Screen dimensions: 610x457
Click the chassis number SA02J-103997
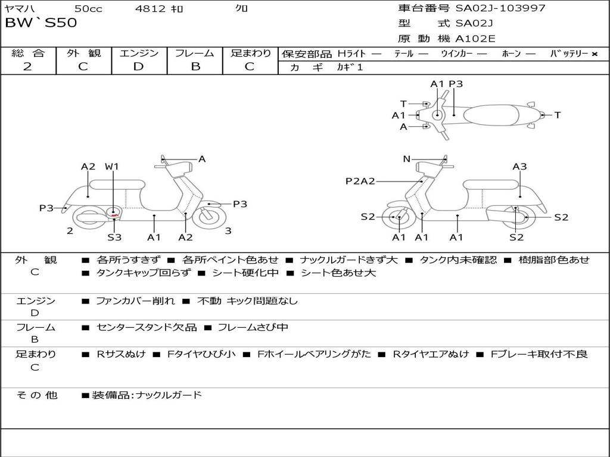point(500,8)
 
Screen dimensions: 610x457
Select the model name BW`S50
point(41,23)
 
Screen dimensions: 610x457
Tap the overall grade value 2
point(27,66)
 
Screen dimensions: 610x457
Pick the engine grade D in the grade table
point(139,66)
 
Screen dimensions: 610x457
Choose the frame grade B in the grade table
point(195,66)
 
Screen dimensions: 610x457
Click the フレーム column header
point(195,53)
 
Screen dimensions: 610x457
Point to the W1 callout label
point(112,167)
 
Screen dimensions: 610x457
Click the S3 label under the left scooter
point(114,237)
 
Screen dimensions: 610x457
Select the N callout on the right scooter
point(407,159)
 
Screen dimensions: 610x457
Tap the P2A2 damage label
point(360,181)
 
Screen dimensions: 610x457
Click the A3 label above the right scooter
point(519,167)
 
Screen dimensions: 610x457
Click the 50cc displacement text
point(88,8)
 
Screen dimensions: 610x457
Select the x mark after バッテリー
point(594,54)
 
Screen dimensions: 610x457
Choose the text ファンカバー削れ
point(135,301)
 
